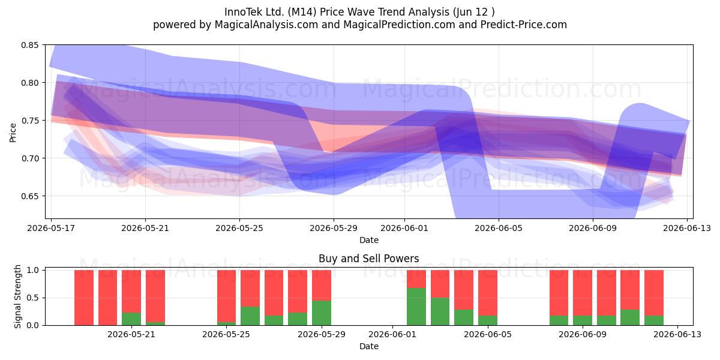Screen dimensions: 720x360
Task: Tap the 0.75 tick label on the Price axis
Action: coord(29,121)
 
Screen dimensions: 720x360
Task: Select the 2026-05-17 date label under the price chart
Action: coord(51,228)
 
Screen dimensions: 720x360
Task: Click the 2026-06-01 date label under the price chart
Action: coord(404,228)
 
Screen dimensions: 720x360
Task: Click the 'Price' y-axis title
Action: coord(13,133)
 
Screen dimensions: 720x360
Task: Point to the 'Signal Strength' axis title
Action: coord(17,296)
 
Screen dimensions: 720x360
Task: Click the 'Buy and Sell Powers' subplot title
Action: coord(368,259)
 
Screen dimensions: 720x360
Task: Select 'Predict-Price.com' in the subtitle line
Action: coord(524,25)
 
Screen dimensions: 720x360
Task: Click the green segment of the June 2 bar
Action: coord(416,307)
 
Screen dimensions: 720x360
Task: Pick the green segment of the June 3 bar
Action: coord(440,311)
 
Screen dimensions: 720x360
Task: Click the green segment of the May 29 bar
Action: coord(322,313)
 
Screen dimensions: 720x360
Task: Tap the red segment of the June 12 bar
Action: coord(654,293)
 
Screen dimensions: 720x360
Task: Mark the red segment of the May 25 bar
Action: coord(226,296)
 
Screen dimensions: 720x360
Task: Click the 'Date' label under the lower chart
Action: coord(368,346)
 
